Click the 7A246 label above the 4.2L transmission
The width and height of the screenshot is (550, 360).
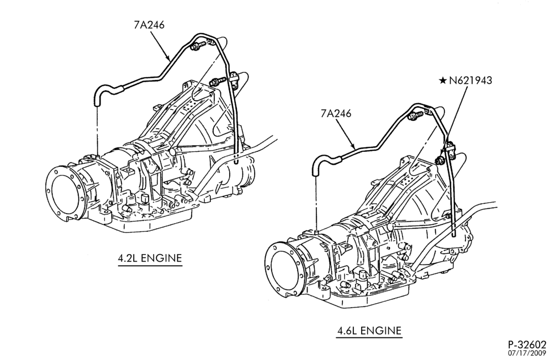(149, 25)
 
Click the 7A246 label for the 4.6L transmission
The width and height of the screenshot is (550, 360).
(336, 114)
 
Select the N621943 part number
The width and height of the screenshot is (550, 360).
(470, 81)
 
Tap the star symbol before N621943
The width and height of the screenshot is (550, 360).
(443, 81)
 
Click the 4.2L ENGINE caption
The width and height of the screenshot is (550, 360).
(150, 258)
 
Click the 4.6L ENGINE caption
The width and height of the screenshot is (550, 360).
(369, 331)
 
